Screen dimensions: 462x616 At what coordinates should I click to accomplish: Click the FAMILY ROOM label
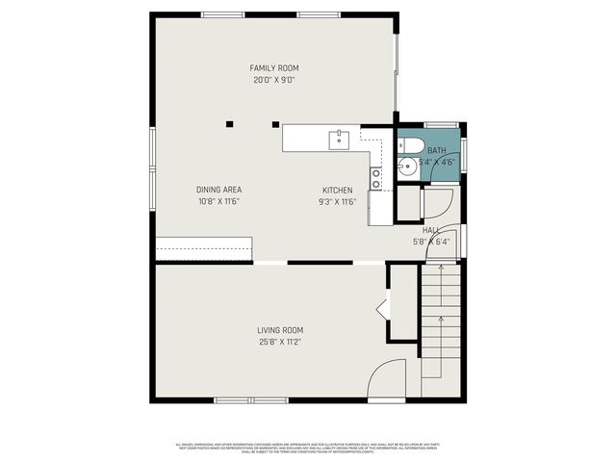274,68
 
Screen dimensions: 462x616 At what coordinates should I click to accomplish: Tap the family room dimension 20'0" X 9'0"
274,81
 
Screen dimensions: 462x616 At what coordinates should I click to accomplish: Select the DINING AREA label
218,190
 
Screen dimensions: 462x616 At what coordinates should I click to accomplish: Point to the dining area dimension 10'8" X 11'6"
218,202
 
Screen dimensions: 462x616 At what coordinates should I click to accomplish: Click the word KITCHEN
337,190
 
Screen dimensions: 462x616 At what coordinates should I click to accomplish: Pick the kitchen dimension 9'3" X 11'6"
337,202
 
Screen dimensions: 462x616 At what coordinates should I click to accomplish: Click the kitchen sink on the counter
339,141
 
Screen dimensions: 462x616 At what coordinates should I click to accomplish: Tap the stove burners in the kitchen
376,177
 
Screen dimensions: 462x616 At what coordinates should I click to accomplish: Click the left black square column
229,123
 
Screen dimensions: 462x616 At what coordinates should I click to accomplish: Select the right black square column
275,123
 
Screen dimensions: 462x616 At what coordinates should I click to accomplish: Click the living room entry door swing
388,377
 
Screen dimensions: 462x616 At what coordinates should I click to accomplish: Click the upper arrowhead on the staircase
441,276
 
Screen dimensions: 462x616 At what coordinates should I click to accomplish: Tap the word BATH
437,151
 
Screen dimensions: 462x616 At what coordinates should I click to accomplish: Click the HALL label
430,230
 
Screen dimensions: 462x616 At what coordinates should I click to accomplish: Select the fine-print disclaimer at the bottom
308,449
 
